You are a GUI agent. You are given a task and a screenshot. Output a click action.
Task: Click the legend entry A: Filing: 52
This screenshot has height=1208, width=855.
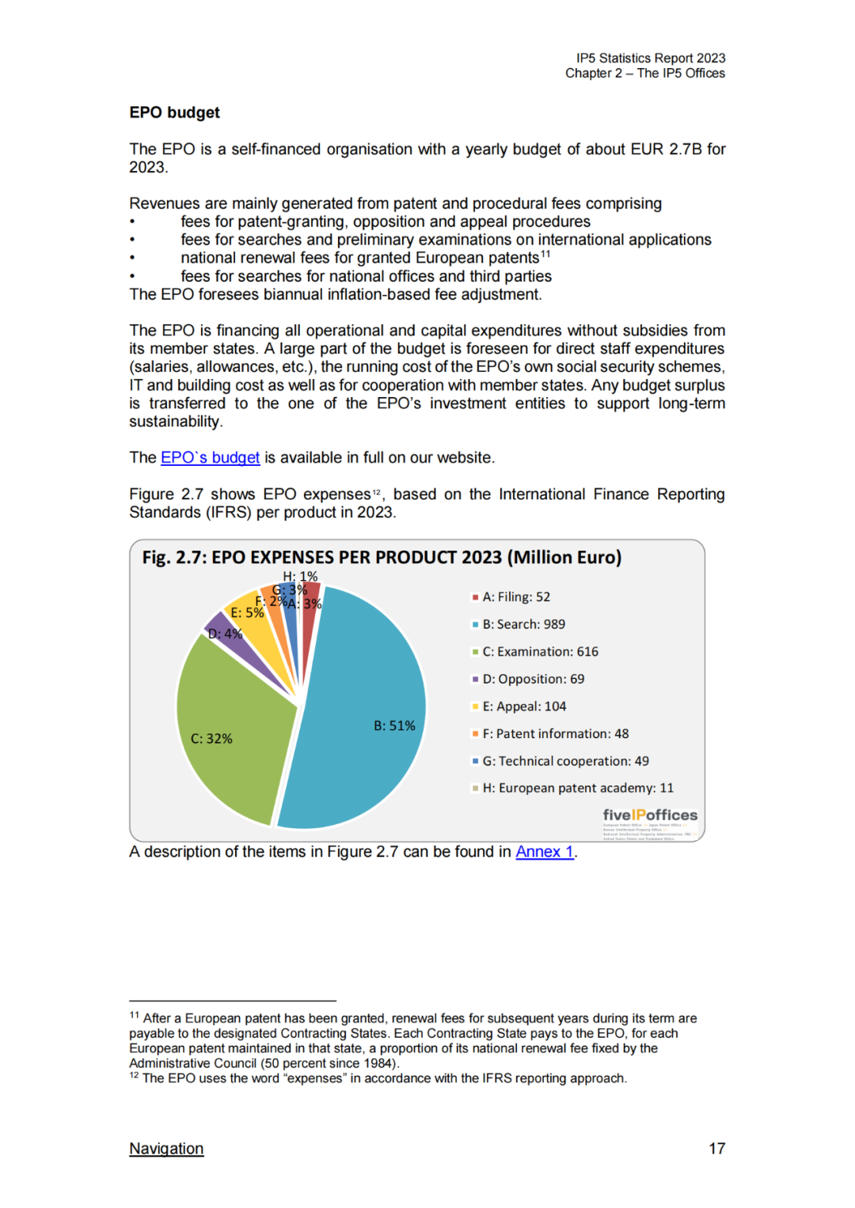(x=515, y=597)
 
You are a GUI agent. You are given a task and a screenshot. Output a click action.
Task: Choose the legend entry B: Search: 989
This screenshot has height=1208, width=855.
(x=523, y=624)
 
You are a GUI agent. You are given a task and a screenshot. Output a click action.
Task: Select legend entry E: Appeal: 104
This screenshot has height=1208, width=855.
(x=523, y=706)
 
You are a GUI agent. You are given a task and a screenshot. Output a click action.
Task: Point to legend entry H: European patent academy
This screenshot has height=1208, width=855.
(x=577, y=788)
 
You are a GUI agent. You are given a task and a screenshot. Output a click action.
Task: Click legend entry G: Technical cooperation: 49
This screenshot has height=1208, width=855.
(x=565, y=761)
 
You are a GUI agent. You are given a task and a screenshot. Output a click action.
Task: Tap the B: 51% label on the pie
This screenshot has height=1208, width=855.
(x=394, y=725)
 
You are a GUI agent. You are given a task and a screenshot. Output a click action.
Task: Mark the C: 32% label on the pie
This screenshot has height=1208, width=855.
(x=211, y=739)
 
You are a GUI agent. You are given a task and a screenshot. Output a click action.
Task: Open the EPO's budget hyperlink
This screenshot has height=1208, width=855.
(x=210, y=458)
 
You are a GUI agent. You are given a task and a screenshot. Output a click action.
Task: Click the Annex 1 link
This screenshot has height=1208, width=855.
(x=545, y=852)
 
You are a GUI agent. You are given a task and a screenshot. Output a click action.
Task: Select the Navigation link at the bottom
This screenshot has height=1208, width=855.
(x=166, y=1149)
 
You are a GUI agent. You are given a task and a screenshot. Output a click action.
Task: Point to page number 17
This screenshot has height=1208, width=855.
(x=716, y=1149)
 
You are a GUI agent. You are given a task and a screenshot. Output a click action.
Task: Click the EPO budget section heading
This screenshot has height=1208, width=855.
(x=174, y=112)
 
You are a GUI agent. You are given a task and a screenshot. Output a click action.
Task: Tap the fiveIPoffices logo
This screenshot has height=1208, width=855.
(x=650, y=816)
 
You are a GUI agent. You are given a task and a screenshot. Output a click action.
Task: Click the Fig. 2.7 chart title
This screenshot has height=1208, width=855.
(x=382, y=558)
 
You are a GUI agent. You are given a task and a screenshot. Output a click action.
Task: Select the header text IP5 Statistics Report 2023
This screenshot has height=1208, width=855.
(x=650, y=59)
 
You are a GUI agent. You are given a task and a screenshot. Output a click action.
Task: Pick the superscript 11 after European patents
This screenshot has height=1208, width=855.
(x=545, y=254)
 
